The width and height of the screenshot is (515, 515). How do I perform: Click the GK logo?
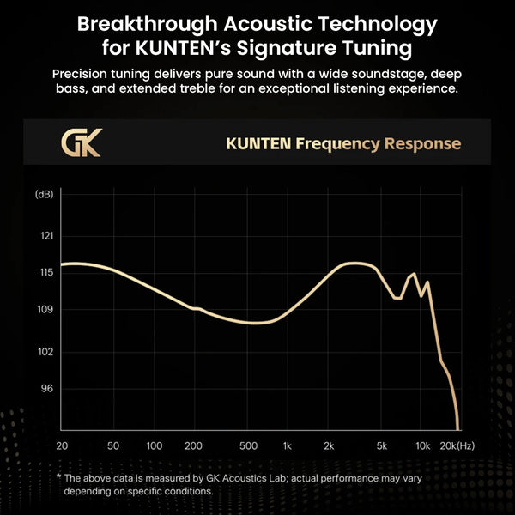click(82, 142)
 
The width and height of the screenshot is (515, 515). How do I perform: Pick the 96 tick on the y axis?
click(47, 389)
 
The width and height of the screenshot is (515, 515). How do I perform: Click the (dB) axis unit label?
click(45, 195)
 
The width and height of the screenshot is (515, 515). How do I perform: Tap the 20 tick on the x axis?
click(62, 445)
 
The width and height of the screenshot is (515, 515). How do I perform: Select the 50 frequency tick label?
click(113, 445)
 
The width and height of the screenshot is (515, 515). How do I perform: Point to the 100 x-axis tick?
click(154, 445)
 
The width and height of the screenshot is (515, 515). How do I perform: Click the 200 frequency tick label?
click(194, 445)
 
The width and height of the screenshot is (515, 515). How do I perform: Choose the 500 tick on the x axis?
click(249, 445)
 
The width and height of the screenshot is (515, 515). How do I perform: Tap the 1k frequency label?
click(288, 445)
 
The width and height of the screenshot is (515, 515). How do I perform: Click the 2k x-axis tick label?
click(329, 445)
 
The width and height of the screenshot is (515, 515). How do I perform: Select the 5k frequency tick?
click(383, 445)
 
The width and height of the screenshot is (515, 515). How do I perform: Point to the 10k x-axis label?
click(422, 445)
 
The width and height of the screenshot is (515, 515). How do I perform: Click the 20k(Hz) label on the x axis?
click(457, 445)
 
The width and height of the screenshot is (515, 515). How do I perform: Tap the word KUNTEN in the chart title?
click(257, 143)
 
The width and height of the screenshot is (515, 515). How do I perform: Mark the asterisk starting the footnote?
click(59, 477)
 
